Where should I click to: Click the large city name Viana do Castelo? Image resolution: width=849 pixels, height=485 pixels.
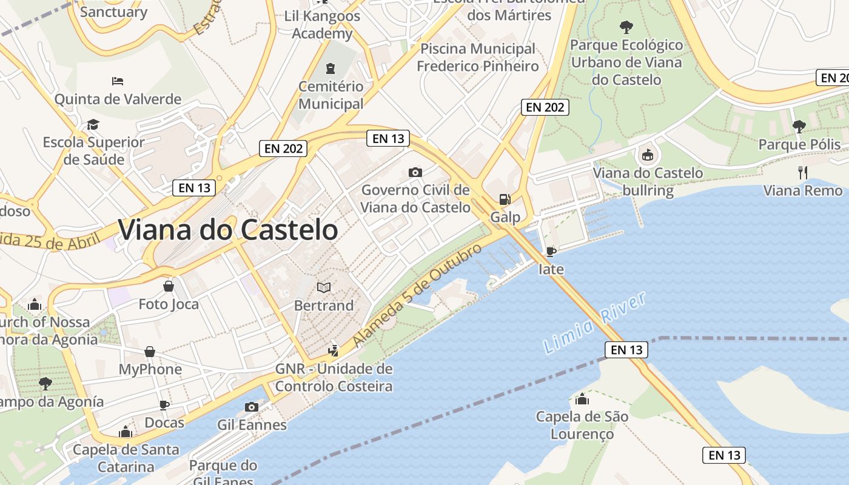227,230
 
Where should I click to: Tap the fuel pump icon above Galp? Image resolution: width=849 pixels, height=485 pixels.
504,199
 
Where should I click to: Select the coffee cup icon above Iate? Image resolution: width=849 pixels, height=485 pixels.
551,251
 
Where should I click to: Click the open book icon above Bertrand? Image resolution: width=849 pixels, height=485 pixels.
324,287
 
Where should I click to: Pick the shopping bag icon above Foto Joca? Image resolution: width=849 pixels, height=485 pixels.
169,286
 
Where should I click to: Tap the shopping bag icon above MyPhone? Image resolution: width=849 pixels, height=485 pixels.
150,352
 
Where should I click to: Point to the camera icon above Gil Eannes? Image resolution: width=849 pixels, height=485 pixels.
251,407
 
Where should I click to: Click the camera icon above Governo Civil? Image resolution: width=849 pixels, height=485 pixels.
415,172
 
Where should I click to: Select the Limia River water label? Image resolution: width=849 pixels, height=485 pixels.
594,323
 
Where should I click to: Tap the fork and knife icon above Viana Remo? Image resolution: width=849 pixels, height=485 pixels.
803,172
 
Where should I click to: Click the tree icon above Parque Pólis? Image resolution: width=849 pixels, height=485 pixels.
799,126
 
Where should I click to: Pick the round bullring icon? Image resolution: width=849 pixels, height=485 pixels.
648,155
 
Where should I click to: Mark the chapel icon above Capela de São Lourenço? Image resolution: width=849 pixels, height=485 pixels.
582,399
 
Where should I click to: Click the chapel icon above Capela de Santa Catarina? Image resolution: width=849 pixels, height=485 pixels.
126,432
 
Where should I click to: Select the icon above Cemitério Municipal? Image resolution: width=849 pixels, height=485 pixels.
331,68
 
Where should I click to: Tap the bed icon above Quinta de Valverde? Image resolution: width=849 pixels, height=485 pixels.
118,81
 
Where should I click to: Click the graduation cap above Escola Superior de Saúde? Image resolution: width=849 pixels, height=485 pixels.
93,124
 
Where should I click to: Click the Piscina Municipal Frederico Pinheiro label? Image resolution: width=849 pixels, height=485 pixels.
478,57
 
